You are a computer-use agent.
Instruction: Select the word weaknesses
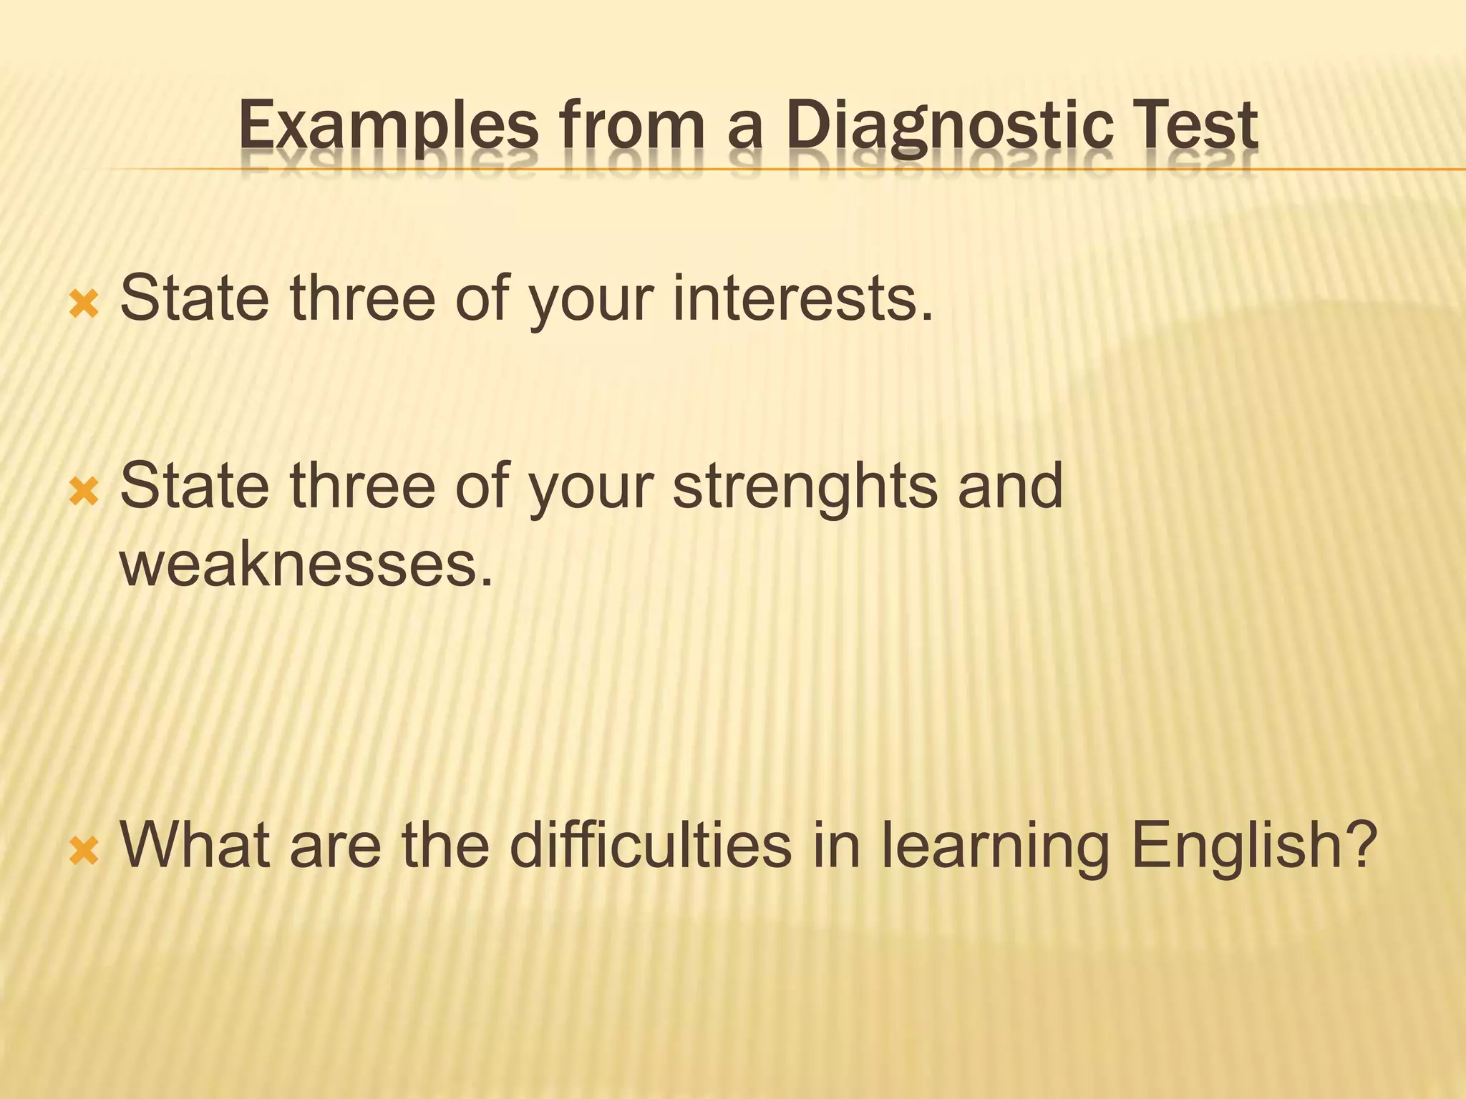306,565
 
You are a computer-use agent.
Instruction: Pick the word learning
994,845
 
